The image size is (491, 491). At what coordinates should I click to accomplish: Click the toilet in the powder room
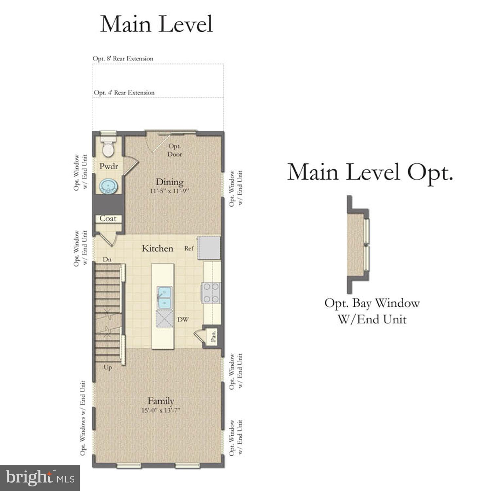point(108,147)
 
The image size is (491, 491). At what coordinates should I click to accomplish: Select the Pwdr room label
point(109,166)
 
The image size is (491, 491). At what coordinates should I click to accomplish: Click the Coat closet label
point(108,218)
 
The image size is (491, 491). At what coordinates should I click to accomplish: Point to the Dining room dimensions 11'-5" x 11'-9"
point(170,191)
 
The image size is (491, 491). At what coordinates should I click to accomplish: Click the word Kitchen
point(157,248)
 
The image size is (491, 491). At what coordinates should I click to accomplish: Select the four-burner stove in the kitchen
point(211,293)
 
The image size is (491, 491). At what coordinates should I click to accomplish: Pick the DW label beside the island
point(183,319)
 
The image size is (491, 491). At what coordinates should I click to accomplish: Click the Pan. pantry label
point(213,336)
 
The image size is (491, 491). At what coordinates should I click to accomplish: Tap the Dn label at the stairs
point(107,259)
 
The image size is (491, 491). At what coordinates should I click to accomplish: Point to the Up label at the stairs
point(108,367)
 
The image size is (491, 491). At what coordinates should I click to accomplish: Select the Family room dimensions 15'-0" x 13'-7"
point(161,410)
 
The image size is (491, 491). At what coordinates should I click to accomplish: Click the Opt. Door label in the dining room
point(174,150)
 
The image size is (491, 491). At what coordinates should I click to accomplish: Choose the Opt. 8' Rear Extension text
point(123,59)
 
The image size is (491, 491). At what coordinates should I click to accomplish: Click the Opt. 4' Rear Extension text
point(124,93)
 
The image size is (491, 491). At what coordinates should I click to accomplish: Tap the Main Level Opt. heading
point(370,173)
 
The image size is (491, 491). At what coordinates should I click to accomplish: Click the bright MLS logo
point(40,478)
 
